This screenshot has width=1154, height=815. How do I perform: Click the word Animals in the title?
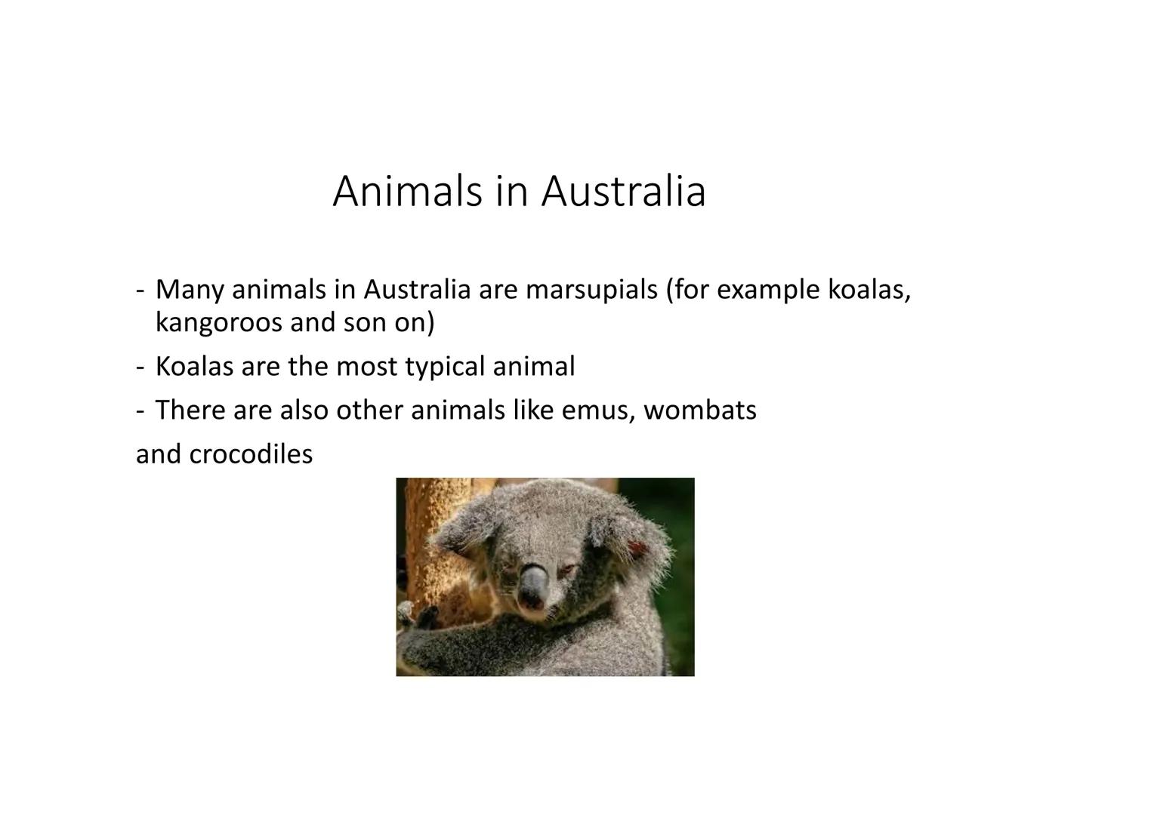point(407,192)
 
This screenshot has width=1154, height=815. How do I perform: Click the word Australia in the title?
point(623,192)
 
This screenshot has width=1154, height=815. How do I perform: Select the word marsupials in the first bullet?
point(591,291)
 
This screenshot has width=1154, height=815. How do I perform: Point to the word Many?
point(190,291)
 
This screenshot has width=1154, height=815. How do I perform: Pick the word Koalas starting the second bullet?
point(194,367)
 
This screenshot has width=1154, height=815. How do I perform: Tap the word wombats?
point(700,411)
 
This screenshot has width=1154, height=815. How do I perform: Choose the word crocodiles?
point(251,454)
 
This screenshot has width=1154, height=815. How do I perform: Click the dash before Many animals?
point(140,291)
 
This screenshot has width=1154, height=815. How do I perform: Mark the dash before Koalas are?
point(140,368)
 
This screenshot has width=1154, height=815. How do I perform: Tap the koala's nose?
point(534,586)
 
